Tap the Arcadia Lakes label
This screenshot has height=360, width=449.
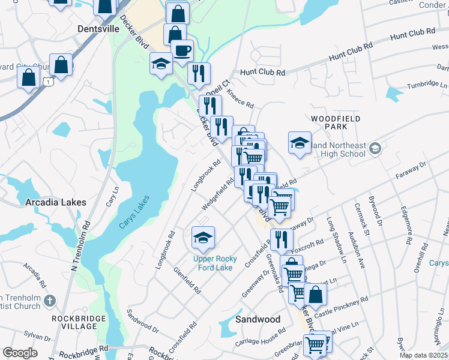pos(56,203)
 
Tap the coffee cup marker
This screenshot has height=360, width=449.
pos(182,50)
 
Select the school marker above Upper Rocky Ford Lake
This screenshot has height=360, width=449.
pos(203,237)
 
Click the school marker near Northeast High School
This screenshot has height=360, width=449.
pos(300,142)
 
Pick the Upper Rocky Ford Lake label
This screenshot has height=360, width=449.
pos(215,263)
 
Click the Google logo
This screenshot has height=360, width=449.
pos(20,353)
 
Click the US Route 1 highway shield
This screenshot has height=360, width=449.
pos(49,81)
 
